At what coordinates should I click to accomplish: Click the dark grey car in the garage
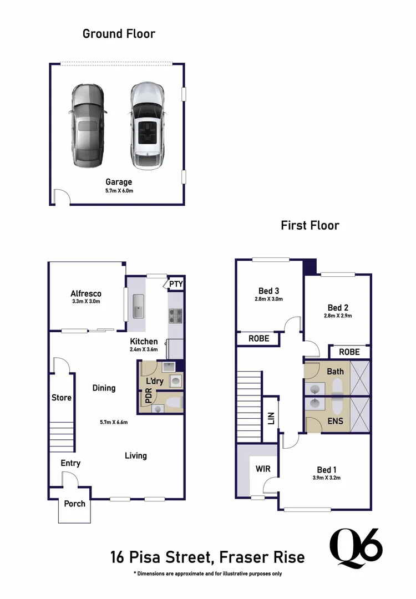[x=88, y=126]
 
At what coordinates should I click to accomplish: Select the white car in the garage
[x=148, y=126]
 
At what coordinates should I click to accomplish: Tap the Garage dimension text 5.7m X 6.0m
[x=119, y=191]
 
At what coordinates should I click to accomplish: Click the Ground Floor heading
[x=119, y=33]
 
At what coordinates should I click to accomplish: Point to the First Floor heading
[x=310, y=225]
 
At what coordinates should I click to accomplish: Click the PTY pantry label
[x=176, y=285]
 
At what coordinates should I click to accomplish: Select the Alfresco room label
[x=86, y=293]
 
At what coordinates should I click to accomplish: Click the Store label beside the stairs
[x=62, y=398]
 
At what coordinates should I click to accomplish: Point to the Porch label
[x=74, y=504]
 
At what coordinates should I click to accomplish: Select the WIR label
[x=263, y=469]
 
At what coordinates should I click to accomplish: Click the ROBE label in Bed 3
[x=258, y=338]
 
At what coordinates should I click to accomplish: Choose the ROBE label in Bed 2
[x=349, y=352]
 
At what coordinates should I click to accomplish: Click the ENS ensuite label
[x=335, y=421]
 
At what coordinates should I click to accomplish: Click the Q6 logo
[x=356, y=548]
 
